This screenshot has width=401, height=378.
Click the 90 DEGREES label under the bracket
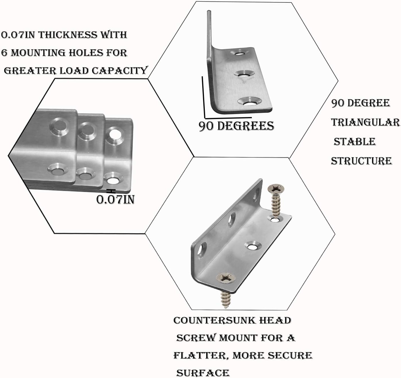(x=236, y=126)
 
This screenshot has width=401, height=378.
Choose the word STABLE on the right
(x=355, y=142)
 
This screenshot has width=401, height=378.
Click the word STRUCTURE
(x=361, y=161)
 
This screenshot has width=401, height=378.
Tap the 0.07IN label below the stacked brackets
(x=115, y=199)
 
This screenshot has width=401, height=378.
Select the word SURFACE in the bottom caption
(x=203, y=373)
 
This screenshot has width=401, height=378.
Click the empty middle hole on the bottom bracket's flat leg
(x=252, y=247)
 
